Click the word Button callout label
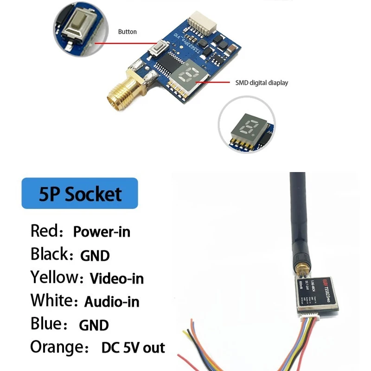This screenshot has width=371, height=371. [128, 32]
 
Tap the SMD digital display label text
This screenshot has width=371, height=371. [262, 83]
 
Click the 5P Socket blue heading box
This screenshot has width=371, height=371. [80, 193]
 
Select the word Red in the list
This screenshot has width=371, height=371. [45, 230]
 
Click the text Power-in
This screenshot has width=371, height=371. [102, 231]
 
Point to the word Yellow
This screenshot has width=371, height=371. [54, 277]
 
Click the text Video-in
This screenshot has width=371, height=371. [116, 278]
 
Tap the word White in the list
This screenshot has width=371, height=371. [51, 301]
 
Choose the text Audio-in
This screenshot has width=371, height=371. [112, 301]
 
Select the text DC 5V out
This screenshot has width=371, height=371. [133, 347]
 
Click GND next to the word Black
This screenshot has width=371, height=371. [95, 255]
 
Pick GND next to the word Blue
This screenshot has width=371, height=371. [94, 325]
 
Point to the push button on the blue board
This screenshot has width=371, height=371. [161, 47]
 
